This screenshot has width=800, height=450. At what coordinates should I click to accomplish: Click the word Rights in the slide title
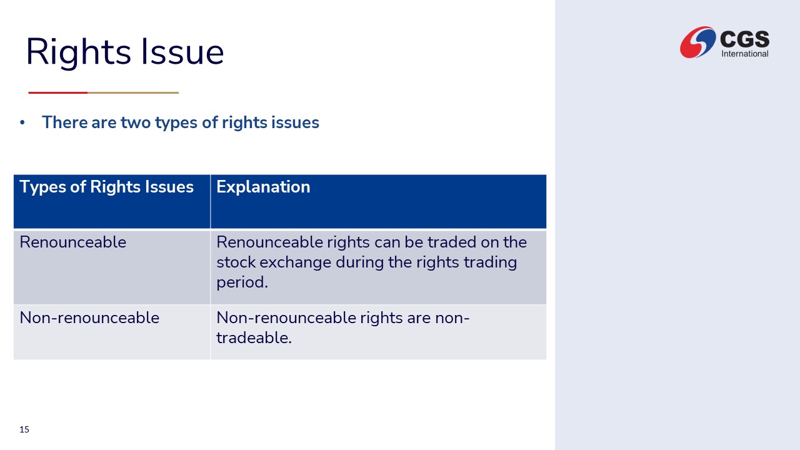point(79,52)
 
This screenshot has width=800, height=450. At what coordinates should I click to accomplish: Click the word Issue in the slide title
point(182,51)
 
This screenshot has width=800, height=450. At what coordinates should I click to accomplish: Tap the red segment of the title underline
point(58,92)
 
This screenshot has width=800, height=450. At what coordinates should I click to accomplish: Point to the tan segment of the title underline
point(133,92)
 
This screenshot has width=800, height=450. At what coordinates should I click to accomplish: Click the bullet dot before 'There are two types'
point(22,122)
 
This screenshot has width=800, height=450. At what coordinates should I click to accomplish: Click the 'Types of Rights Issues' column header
point(106,187)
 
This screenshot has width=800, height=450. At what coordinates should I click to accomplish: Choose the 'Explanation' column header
point(263,187)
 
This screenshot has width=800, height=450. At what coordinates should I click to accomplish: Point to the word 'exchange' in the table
point(296,262)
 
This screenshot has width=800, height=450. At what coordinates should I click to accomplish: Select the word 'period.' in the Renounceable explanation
point(242,282)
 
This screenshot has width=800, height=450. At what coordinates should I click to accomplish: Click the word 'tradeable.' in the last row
point(254,338)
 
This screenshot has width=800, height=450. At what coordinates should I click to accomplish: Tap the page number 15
point(24,429)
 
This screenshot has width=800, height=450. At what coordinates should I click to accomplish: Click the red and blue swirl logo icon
point(697,42)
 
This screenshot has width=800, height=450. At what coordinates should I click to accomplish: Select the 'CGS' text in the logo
point(744,39)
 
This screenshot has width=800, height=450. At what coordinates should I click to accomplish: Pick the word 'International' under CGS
point(745,54)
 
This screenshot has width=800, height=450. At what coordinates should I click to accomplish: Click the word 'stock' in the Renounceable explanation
point(236,262)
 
